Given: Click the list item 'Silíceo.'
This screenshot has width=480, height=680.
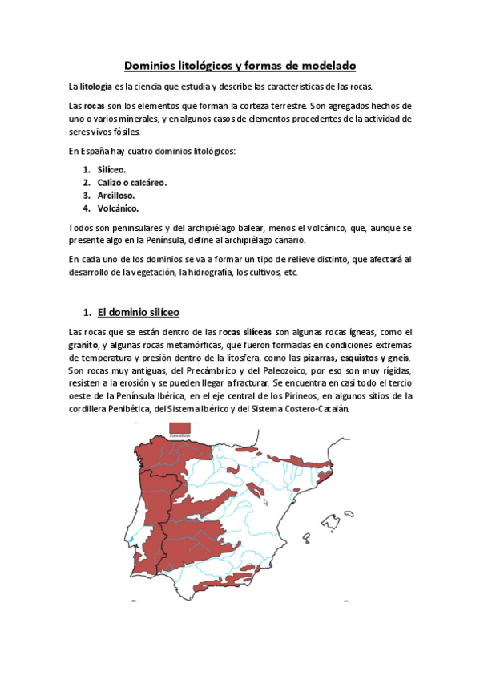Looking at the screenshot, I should coord(111,170).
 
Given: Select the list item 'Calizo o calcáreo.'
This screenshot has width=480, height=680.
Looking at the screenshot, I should coord(131,183).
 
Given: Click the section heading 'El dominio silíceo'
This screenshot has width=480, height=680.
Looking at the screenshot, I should coord(138,312).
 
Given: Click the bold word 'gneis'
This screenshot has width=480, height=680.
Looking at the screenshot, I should coord(399,358).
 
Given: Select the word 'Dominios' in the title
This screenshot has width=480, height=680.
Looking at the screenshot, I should coord(153,66).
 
